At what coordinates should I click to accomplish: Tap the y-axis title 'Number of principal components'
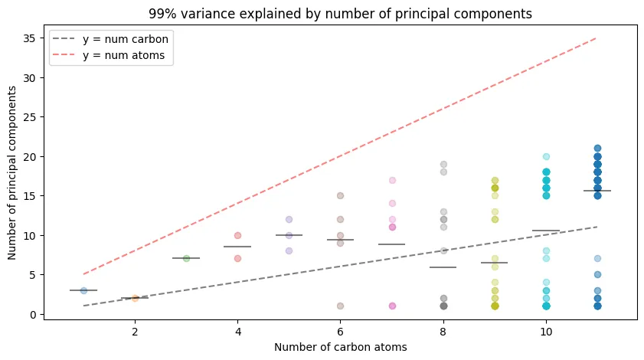pyautogui.click(x=13, y=172)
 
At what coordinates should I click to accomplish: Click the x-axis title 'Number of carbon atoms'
pyautogui.click(x=341, y=347)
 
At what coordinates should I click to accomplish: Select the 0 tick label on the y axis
pyautogui.click(x=34, y=314)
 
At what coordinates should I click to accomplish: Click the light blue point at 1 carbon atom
pyautogui.click(x=83, y=290)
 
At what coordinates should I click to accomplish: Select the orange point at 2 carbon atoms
pyautogui.click(x=135, y=298)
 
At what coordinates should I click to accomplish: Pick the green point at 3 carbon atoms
pyautogui.click(x=186, y=259)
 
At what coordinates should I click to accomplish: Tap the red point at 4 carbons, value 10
pyautogui.click(x=237, y=235)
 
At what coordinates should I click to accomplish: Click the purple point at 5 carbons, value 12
pyautogui.click(x=289, y=220)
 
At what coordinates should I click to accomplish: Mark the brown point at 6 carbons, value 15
pyautogui.click(x=340, y=196)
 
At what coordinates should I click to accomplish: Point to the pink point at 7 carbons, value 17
pyautogui.click(x=392, y=180)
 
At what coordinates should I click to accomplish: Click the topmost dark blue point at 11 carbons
pyautogui.click(x=597, y=149)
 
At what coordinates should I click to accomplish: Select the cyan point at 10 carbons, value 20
pyautogui.click(x=546, y=156)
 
